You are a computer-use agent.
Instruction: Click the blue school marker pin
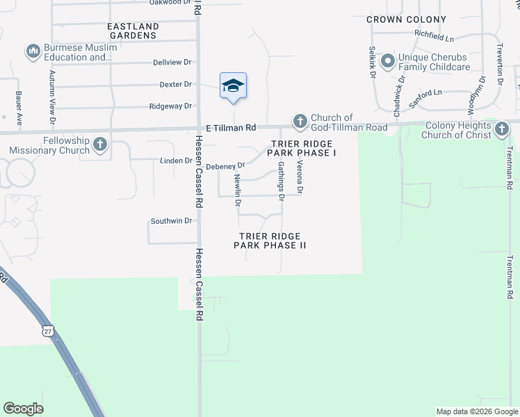pos(233,86)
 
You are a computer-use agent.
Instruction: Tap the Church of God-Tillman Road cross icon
pos(300,122)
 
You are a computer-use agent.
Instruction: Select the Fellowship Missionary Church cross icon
pos(100,145)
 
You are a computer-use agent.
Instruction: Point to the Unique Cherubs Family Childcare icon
pos(387,61)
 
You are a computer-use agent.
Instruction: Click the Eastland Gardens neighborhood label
pos(133,31)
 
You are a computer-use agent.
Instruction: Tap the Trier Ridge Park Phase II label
pos(270,240)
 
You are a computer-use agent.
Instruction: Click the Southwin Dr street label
pos(171,221)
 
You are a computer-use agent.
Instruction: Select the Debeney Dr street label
pos(226,166)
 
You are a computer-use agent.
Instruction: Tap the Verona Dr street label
pos(300,178)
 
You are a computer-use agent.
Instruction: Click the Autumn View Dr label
pos(52,92)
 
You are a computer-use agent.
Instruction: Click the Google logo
pos(23,409)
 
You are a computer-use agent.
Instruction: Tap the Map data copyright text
pos(476,411)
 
